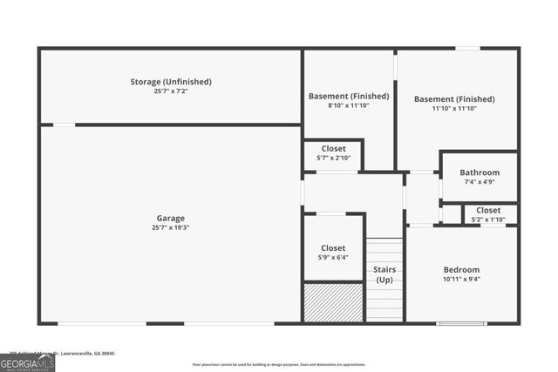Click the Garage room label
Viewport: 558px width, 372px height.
171,218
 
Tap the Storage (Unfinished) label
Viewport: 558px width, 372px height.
171,82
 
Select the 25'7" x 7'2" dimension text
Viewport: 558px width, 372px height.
171,91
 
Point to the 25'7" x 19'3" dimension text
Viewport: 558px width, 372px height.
171,227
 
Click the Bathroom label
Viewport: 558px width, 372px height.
480,172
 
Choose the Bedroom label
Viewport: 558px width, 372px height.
461,270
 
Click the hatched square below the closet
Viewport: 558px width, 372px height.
333,302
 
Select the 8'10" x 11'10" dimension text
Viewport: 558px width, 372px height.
349,105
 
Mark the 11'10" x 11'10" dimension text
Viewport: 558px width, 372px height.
454,109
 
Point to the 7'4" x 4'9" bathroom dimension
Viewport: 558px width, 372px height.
480,182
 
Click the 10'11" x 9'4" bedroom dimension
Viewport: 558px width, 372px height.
461,280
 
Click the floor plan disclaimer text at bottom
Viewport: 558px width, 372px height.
279,364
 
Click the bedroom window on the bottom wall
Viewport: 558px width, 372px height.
461,324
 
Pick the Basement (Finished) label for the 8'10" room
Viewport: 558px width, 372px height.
349,96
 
